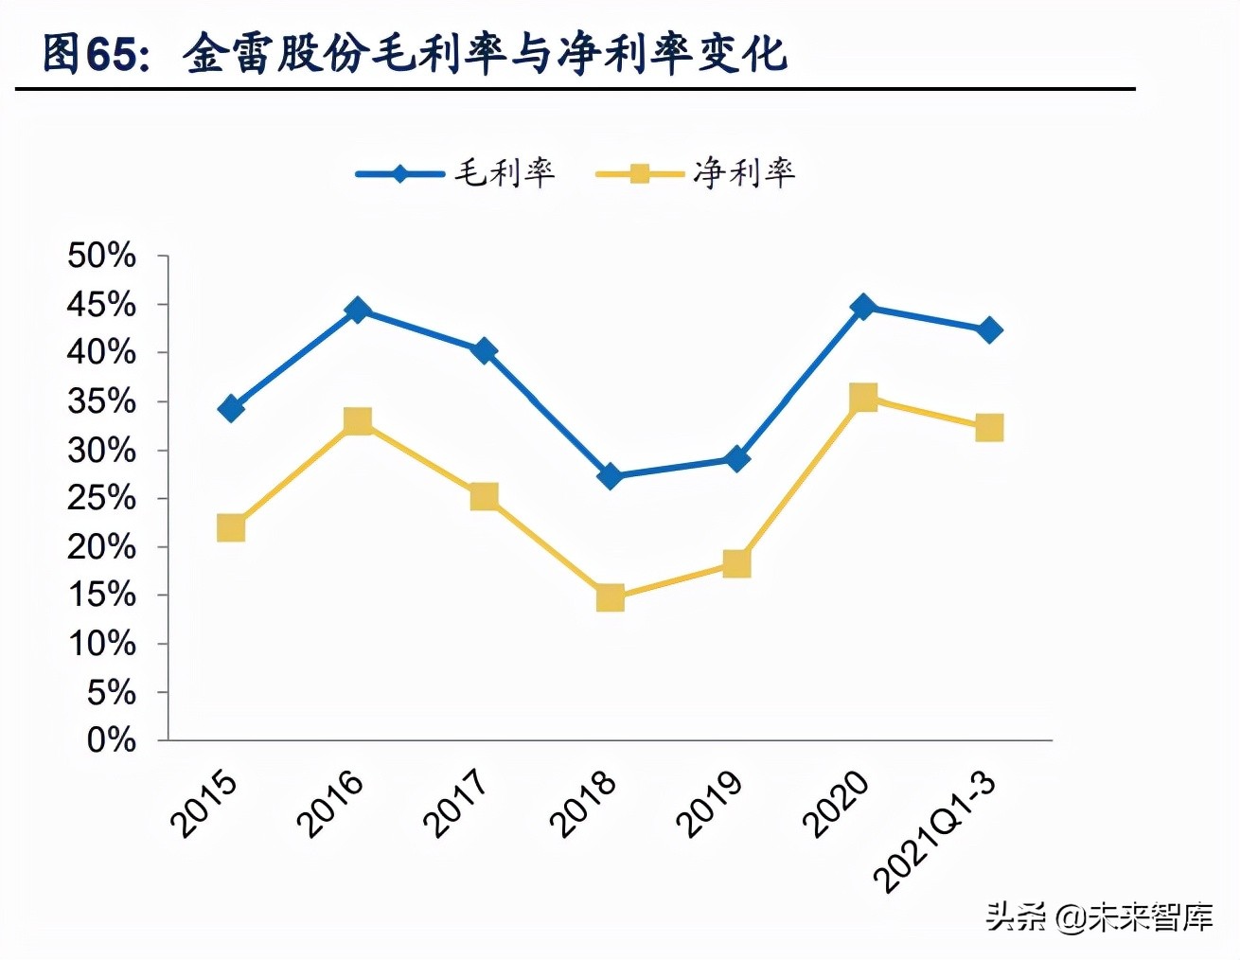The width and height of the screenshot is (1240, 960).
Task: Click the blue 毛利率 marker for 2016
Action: pos(357,310)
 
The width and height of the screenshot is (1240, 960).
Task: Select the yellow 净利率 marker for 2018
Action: pos(611,597)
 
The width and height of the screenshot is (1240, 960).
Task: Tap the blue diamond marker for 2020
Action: pos(862,307)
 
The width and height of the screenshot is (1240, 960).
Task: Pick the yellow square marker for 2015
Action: pos(231,527)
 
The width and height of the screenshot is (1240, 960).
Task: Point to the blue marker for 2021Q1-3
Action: pos(989,330)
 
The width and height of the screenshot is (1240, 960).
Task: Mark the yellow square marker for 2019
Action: pos(736,564)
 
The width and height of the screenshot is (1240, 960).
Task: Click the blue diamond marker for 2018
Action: pos(611,476)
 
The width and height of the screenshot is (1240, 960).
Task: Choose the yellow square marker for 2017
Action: pos(484,496)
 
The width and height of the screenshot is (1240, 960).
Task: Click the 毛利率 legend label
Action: pos(505,173)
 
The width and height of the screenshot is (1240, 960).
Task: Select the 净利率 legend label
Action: pos(744,173)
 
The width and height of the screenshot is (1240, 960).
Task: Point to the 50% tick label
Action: pos(101,256)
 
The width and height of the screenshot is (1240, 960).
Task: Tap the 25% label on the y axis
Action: pos(101,498)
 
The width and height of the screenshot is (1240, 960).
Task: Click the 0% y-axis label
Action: pos(111,740)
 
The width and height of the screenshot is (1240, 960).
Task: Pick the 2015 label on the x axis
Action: pos(204,804)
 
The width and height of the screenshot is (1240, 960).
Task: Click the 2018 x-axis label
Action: pos(583,804)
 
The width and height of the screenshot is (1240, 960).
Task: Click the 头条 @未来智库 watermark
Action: pos(1099,916)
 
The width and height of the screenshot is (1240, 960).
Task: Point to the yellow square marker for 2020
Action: pos(862,397)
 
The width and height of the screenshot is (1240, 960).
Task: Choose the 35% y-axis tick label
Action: pos(101,401)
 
